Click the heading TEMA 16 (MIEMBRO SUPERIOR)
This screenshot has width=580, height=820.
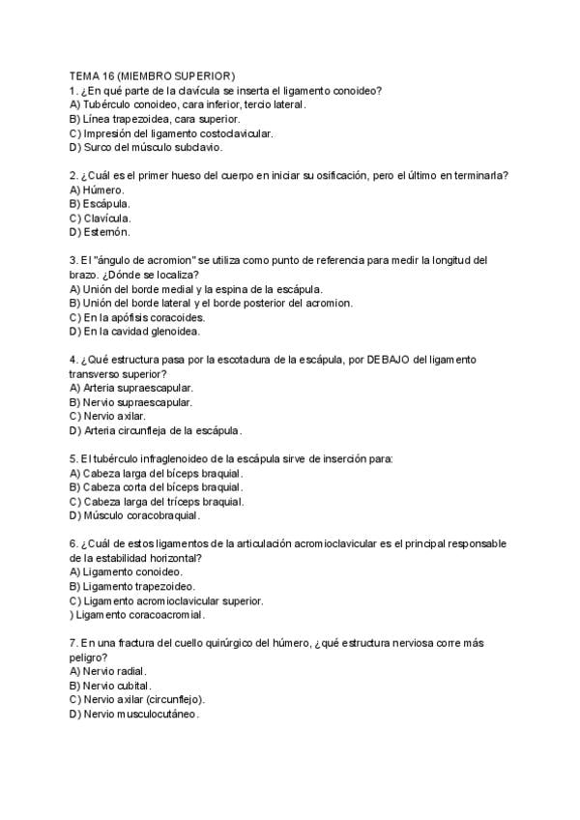pos(152,76)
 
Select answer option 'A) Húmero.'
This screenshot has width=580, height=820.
pos(97,190)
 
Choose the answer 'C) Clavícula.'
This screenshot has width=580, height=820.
pos(101,219)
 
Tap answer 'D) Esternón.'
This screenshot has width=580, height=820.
pos(100,232)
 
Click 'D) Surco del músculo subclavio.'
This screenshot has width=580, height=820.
pos(146,147)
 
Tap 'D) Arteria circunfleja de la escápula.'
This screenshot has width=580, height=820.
pos(156,430)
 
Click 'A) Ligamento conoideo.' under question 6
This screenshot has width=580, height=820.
pos(127,572)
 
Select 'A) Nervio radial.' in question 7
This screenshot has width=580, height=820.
pos(109,671)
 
